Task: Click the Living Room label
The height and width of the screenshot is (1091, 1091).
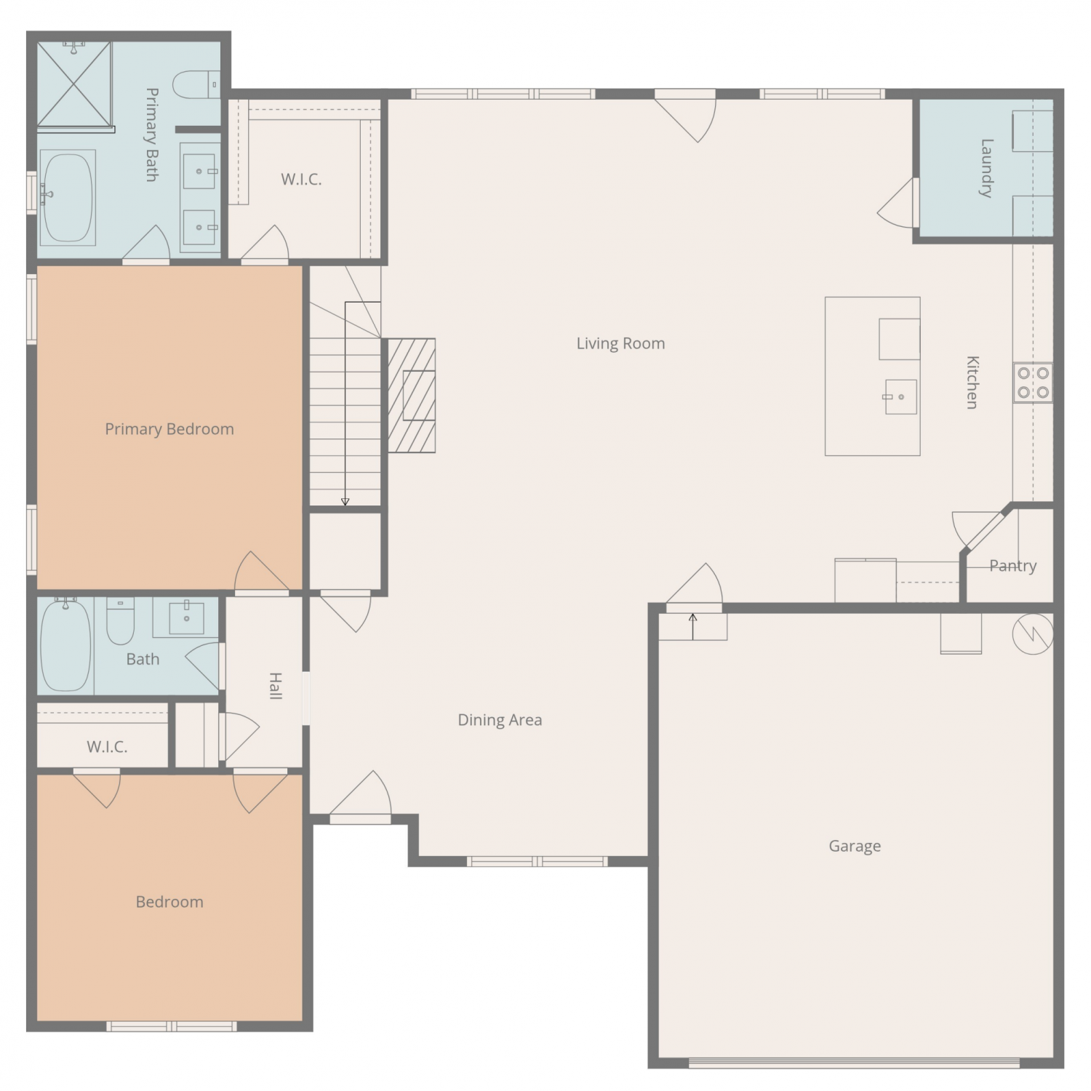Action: (620, 343)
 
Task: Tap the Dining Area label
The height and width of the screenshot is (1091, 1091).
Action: (500, 720)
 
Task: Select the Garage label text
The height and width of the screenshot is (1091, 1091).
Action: (855, 846)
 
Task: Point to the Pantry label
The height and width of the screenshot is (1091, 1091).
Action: (1012, 566)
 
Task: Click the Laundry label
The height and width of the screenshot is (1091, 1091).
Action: (986, 168)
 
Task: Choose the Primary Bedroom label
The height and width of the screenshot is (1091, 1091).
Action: (169, 429)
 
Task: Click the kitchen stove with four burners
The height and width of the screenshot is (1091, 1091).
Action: (1033, 383)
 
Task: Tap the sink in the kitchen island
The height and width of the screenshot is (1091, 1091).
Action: (900, 396)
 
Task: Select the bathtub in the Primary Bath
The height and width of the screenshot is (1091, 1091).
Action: (67, 197)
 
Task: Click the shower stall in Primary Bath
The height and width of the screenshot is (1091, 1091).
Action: (74, 84)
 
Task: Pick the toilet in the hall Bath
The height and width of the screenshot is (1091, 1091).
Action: (120, 620)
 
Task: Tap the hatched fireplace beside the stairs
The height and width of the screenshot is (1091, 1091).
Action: (412, 395)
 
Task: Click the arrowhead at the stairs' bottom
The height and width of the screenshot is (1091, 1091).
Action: (345, 502)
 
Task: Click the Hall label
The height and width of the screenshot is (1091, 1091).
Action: (276, 686)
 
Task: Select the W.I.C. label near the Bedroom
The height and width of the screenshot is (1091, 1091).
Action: (107, 747)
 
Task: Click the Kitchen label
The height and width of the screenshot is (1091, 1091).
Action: (972, 383)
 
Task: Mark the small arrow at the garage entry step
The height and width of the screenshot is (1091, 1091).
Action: (693, 626)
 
